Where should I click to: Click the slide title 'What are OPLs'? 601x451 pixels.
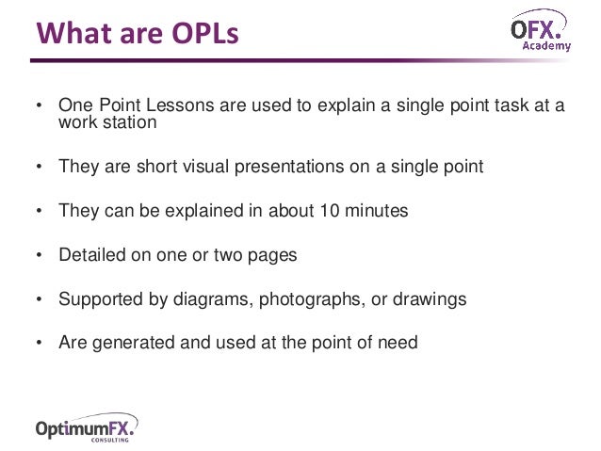click(x=138, y=34)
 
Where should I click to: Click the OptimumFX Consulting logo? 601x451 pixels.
click(x=86, y=428)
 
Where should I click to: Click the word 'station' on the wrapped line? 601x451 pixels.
click(x=128, y=122)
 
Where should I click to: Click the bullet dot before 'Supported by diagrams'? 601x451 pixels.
click(x=39, y=300)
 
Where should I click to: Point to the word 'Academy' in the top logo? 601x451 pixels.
click(x=547, y=45)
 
